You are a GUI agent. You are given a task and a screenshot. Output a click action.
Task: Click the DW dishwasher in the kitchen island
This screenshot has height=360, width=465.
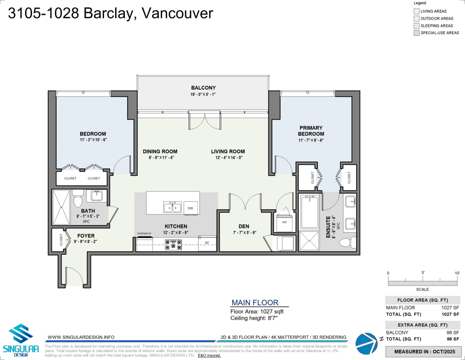tap(190, 208)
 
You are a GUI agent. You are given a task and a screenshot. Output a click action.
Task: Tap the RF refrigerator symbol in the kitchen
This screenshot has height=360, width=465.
tap(207, 243)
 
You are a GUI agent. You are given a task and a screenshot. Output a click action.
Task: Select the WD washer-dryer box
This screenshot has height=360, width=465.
tap(284, 223)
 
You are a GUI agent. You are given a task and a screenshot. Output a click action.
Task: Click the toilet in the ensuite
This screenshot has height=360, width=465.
tap(345, 243)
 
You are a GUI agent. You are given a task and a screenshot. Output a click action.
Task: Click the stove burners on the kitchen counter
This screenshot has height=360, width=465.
tap(173, 244)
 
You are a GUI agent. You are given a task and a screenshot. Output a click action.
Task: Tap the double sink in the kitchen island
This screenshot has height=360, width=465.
tap(172, 207)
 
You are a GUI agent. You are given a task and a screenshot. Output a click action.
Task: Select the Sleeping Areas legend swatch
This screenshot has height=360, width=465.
tap(417, 26)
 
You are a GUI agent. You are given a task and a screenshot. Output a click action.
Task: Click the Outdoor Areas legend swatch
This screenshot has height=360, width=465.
tap(417, 19)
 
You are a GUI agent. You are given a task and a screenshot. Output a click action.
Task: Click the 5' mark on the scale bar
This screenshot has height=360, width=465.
tap(423, 273)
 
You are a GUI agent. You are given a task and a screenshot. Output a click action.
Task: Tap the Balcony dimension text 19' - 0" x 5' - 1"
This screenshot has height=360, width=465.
tap(203, 94)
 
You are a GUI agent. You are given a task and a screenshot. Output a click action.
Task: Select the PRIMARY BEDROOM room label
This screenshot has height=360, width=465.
tap(310, 131)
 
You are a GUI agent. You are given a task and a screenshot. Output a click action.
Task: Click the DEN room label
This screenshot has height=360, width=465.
tap(244, 226)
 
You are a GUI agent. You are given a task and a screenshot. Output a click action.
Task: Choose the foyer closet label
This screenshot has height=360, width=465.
tap(61, 240)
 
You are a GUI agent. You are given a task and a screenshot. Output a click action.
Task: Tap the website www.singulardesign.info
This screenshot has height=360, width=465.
tap(81, 337)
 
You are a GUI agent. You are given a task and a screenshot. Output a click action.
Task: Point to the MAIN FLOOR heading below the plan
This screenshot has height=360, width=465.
tap(255, 303)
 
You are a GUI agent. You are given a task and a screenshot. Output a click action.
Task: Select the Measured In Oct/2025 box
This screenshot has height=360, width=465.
tap(423, 352)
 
